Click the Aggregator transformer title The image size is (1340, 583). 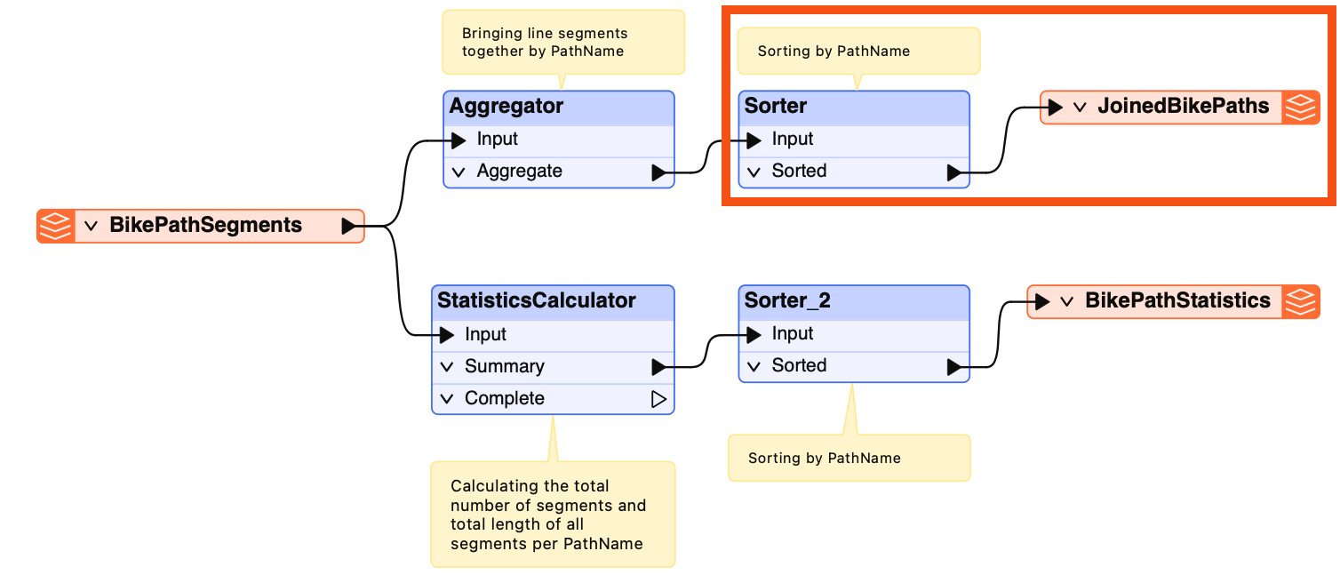click(x=506, y=106)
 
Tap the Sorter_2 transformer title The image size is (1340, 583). click(x=787, y=300)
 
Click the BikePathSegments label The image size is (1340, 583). click(x=206, y=225)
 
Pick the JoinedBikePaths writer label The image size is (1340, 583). click(x=1184, y=106)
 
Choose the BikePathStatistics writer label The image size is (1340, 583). click(x=1178, y=300)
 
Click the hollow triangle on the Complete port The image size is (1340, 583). click(x=658, y=399)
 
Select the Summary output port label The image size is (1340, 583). click(x=505, y=366)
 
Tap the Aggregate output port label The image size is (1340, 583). click(x=519, y=172)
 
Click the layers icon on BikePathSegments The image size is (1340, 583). click(x=56, y=227)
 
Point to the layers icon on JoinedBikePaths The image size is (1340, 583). click(x=1301, y=108)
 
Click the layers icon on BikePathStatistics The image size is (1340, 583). click(x=1301, y=301)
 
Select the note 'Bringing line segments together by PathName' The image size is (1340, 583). click(x=563, y=43)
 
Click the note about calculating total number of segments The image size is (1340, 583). click(x=553, y=515)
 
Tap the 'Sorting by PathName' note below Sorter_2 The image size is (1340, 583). click(x=849, y=458)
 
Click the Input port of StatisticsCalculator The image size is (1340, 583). click(x=485, y=334)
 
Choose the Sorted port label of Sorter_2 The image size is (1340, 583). click(x=799, y=365)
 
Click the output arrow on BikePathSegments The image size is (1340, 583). click(x=348, y=227)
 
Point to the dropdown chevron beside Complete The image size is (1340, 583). click(x=447, y=399)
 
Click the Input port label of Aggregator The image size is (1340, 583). click(x=497, y=139)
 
